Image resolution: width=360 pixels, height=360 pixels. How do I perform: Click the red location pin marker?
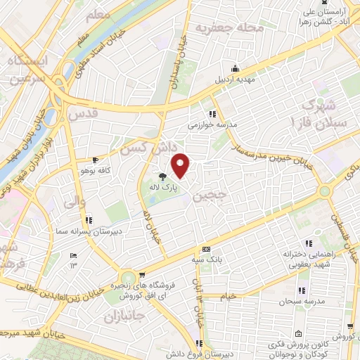click(x=181, y=166)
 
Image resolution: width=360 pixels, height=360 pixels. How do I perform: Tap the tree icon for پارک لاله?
click(x=162, y=177)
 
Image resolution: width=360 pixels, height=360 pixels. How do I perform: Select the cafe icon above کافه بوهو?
click(x=96, y=160)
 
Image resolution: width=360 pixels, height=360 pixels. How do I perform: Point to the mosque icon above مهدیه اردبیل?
click(x=235, y=69)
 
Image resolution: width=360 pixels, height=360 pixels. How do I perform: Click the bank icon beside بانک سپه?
click(x=205, y=250)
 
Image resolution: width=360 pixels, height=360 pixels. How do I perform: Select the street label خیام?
click(x=229, y=297)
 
